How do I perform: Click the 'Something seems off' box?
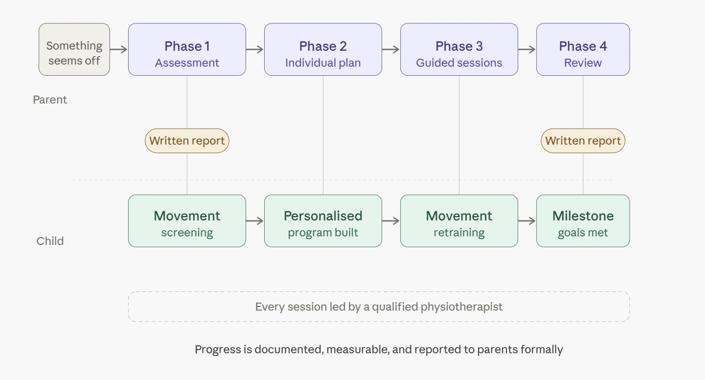click(x=74, y=50)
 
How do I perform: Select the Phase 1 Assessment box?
click(x=187, y=50)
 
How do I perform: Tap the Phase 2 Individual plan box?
click(x=323, y=50)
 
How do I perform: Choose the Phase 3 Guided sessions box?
click(x=459, y=50)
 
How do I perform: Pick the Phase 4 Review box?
click(x=583, y=50)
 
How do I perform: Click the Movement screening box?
click(x=187, y=221)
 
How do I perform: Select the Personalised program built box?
click(x=323, y=221)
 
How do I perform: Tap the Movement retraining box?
click(x=459, y=221)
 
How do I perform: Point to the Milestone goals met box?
click(x=583, y=221)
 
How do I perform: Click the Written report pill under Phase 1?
click(x=187, y=141)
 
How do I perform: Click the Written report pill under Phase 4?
click(x=583, y=141)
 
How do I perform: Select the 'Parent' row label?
click(x=50, y=100)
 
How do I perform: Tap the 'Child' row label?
click(x=50, y=241)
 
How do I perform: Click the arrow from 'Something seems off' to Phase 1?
click(x=118, y=50)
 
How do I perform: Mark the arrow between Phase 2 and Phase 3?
click(x=391, y=50)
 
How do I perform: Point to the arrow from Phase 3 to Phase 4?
click(x=527, y=50)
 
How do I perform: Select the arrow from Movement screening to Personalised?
click(x=255, y=221)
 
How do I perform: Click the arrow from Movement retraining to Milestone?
click(x=527, y=221)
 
